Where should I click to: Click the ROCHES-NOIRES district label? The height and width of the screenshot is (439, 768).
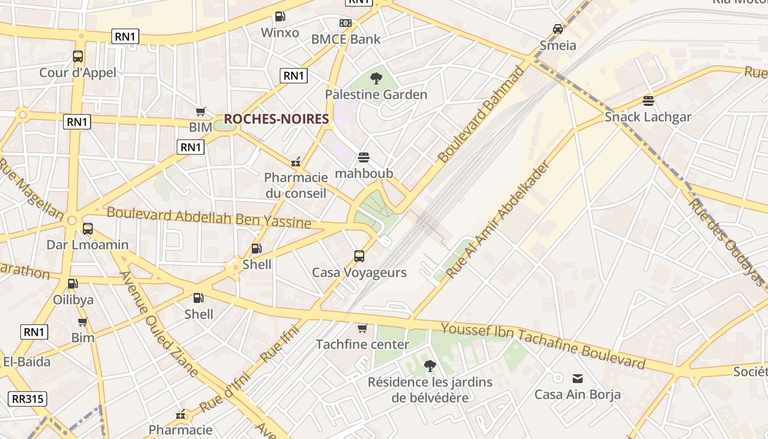click(x=276, y=119)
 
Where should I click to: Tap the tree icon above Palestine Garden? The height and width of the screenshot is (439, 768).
click(x=376, y=78)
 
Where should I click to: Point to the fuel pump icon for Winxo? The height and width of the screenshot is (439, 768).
click(x=280, y=16)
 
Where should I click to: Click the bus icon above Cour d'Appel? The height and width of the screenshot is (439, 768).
click(x=78, y=56)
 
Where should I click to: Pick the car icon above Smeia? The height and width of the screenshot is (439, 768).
click(x=558, y=29)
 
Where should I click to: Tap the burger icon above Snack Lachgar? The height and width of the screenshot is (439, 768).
click(x=648, y=100)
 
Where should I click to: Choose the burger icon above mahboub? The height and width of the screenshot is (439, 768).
click(x=363, y=157)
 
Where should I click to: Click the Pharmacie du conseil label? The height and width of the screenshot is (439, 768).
click(x=296, y=185)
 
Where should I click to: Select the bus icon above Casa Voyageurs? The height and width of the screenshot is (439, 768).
click(x=359, y=256)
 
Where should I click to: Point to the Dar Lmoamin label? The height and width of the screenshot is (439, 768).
click(x=87, y=245)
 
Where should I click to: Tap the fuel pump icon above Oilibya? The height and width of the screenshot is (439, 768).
click(x=72, y=284)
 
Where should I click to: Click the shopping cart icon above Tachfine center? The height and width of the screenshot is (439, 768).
click(x=362, y=328)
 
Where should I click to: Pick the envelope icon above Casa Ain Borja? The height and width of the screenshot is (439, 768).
click(x=578, y=378)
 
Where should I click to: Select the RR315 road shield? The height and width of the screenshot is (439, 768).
click(x=27, y=399)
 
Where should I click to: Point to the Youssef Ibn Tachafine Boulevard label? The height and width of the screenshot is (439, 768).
click(x=543, y=346)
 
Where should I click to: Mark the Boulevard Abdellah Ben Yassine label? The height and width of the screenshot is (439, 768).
click(x=208, y=217)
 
